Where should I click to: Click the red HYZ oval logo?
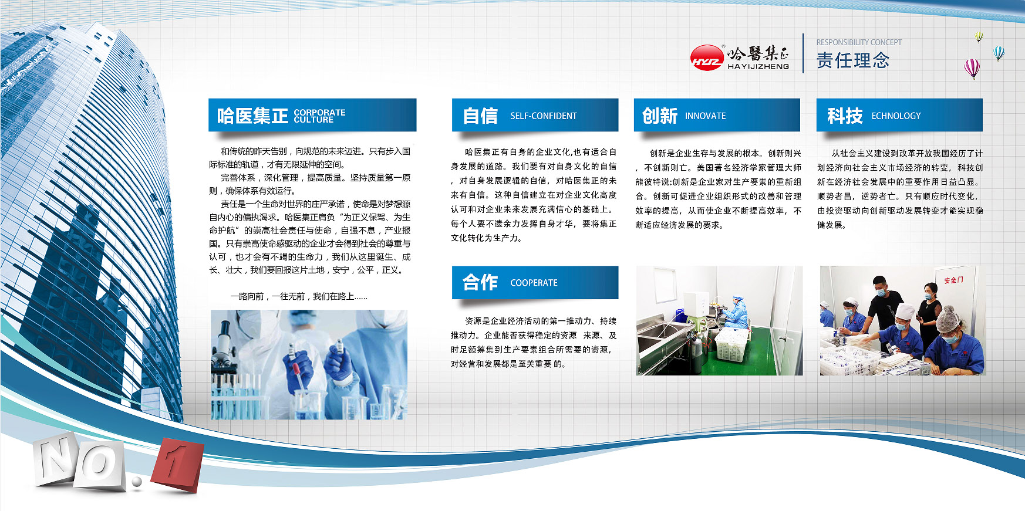click(706, 57)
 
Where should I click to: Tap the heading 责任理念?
click(852, 60)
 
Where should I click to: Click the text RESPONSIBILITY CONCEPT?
click(858, 42)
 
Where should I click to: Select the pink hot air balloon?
click(972, 69)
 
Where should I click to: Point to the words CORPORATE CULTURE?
click(319, 116)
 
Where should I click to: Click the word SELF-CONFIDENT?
click(543, 116)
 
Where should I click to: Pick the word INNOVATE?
click(705, 116)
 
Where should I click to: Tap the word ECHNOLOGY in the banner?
click(896, 116)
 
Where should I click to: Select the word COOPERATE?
click(534, 282)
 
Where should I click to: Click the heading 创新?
click(660, 116)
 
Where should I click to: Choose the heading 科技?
click(845, 116)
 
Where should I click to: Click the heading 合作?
click(480, 282)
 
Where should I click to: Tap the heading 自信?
click(480, 116)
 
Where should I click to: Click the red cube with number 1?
click(177, 463)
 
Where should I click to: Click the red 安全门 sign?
click(953, 280)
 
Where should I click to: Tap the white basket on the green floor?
click(730, 344)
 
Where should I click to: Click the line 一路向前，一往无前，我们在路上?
click(299, 296)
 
